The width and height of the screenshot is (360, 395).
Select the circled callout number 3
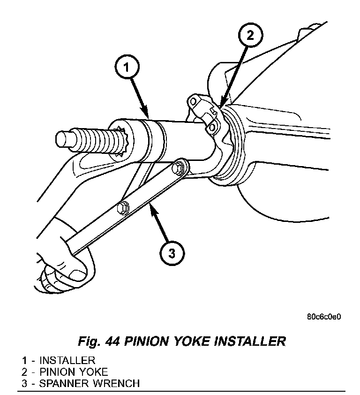tap(172, 254)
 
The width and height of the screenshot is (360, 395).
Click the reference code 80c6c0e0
tap(324, 316)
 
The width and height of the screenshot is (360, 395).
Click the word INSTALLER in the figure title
tap(250, 341)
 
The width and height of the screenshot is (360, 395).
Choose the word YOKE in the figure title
tap(193, 341)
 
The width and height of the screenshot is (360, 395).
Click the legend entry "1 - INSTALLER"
tap(58, 360)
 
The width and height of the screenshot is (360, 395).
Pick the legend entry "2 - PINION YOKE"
tap(65, 372)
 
